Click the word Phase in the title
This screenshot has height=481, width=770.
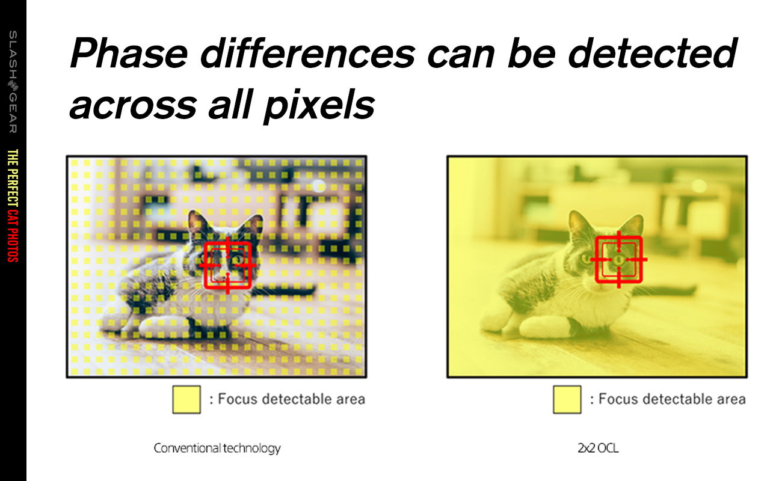click(x=129, y=54)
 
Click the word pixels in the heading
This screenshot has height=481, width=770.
click(x=319, y=105)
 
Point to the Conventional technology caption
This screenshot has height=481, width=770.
click(x=217, y=448)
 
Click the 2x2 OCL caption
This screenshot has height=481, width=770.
click(x=598, y=448)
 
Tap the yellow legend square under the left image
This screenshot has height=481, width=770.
click(x=186, y=399)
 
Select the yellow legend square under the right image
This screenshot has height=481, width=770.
click(x=567, y=399)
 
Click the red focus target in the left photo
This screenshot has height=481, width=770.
click(x=205, y=265)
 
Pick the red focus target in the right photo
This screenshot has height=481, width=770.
click(x=596, y=260)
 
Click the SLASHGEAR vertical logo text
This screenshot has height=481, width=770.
click(x=13, y=82)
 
